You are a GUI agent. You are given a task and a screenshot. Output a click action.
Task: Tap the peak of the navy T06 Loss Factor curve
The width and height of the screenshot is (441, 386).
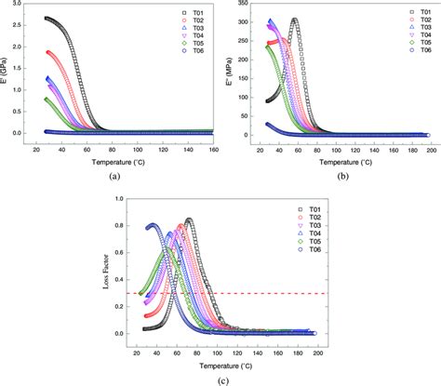pos(153,225)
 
